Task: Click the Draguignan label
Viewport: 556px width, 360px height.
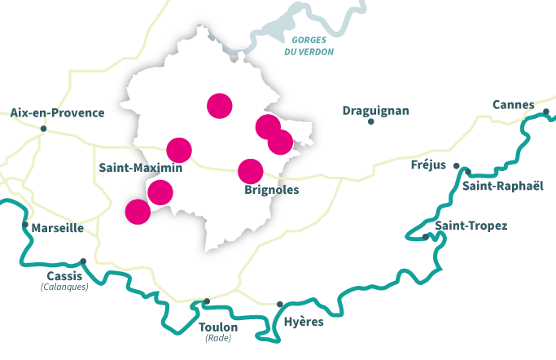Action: [x=375, y=111]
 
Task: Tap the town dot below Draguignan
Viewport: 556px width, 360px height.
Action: [x=371, y=122]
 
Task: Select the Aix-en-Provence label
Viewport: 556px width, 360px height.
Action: [x=58, y=113]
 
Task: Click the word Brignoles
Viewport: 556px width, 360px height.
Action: [x=271, y=191]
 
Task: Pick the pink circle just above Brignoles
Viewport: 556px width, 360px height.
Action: [x=251, y=171]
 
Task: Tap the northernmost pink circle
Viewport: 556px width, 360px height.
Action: [x=220, y=105]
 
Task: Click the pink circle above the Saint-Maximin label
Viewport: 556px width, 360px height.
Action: [x=179, y=150]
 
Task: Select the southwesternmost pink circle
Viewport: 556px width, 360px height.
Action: [x=138, y=212]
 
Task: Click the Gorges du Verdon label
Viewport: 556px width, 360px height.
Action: [x=309, y=46]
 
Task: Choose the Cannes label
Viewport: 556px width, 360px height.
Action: [x=513, y=104]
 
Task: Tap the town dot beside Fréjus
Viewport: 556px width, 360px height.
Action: [x=457, y=166]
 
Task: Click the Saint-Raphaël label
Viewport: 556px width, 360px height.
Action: [x=502, y=187]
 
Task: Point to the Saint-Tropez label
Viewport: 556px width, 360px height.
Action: [x=471, y=226]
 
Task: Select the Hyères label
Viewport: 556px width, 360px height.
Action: [x=303, y=322]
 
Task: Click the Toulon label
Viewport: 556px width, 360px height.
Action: [x=218, y=327]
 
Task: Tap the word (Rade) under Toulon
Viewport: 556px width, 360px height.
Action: [x=218, y=338]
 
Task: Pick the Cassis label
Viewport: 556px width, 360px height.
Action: [x=64, y=276]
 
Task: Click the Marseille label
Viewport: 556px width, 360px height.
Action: [x=57, y=228]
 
